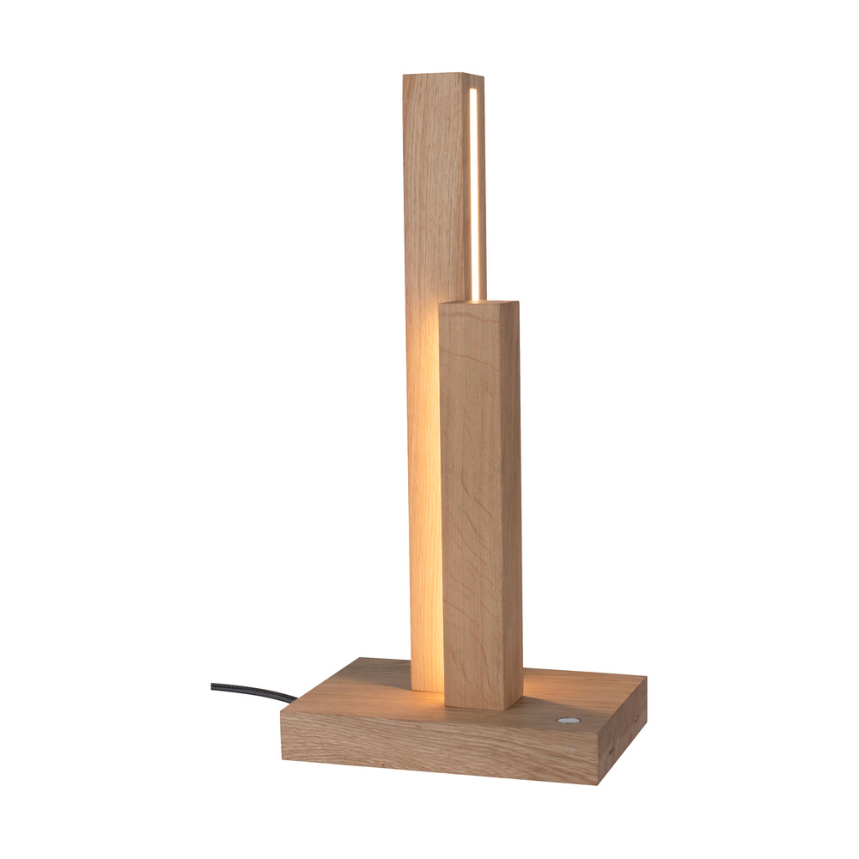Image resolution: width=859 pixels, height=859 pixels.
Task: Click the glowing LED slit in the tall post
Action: tap(473, 189)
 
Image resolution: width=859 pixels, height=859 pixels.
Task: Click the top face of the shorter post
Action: tap(479, 302)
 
